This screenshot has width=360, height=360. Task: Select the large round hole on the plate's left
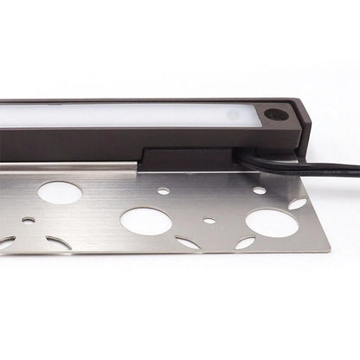click(x=60, y=193)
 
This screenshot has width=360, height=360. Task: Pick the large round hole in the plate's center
click(x=145, y=220)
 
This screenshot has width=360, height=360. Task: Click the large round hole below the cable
click(x=272, y=222)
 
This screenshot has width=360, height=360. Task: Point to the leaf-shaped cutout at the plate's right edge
click(x=297, y=204)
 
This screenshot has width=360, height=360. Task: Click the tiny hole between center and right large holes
click(x=209, y=221)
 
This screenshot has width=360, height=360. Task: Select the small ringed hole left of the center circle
click(x=29, y=221)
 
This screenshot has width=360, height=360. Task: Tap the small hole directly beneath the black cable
click(x=259, y=190)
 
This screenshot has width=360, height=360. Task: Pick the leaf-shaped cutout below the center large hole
click(x=188, y=243)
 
